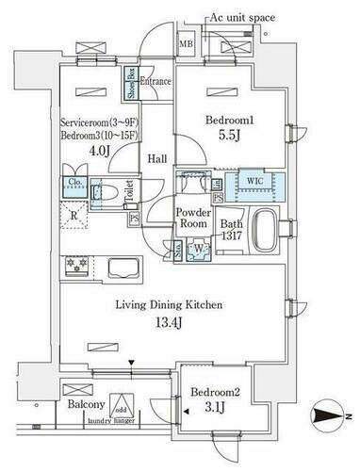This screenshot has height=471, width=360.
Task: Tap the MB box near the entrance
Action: (x=186, y=43)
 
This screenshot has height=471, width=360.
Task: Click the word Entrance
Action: (x=155, y=82)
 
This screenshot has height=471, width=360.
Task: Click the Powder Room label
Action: (x=192, y=219)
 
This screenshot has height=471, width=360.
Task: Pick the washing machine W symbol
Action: (x=198, y=250)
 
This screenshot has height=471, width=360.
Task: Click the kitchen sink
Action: (x=123, y=268)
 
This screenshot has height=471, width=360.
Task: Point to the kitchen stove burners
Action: (x=76, y=268)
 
